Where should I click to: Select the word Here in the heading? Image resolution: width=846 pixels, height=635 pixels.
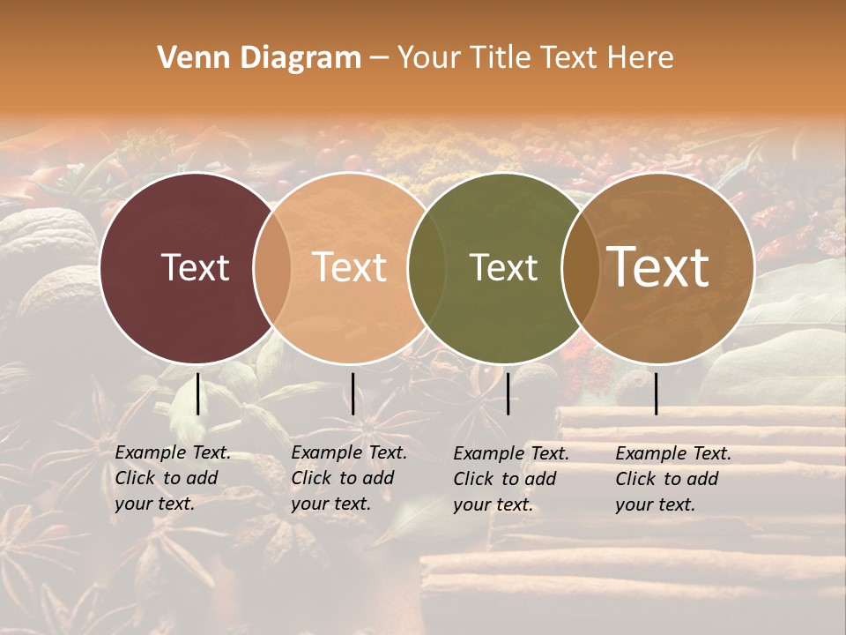point(641,58)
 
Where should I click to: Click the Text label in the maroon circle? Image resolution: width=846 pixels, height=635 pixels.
point(195,267)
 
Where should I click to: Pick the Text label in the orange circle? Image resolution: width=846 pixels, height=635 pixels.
point(350,267)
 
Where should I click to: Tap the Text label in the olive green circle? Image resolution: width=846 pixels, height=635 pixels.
point(503,267)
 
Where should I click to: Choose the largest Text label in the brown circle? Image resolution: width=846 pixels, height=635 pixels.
point(658,267)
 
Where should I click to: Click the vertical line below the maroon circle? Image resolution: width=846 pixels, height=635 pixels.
point(197,393)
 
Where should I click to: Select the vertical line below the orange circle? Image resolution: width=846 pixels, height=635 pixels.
point(352,393)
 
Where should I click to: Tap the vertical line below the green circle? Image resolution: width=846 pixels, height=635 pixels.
point(508,393)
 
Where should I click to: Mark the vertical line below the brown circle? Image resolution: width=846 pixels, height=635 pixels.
point(657,393)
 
